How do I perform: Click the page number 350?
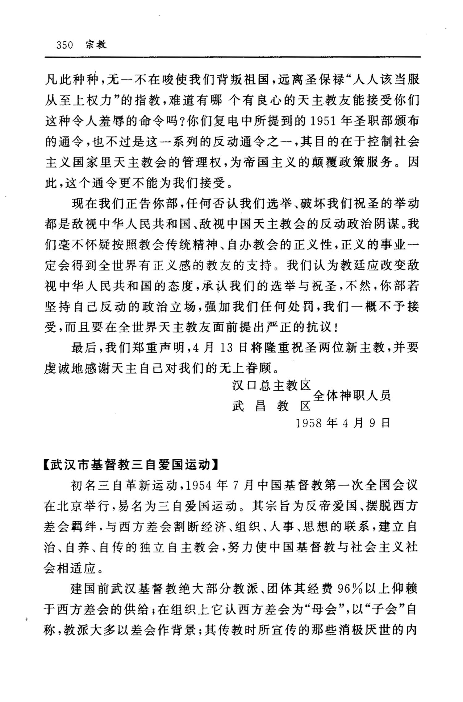point(65,45)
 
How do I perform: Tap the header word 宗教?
point(96,45)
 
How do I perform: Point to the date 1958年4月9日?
point(343,423)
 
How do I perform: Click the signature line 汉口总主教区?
point(271,385)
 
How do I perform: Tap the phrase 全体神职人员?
point(352,396)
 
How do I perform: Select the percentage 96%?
point(350,589)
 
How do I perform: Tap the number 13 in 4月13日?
point(226,348)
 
